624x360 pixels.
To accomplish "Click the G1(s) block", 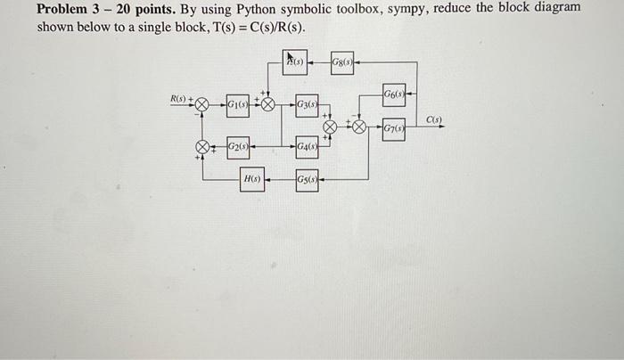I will click(x=237, y=105).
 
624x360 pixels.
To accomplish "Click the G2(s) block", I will click(x=238, y=145).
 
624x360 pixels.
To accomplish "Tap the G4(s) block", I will click(x=306, y=146).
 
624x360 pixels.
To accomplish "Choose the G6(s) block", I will click(x=393, y=92).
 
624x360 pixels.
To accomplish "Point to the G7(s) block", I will click(x=394, y=129).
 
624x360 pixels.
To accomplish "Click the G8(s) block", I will click(x=342, y=61).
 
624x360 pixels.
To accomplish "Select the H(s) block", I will click(x=252, y=179).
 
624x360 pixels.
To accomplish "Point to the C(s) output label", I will click(x=433, y=119).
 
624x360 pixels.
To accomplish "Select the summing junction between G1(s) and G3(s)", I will click(x=267, y=104).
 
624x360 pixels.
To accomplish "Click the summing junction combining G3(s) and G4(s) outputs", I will click(x=329, y=127).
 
